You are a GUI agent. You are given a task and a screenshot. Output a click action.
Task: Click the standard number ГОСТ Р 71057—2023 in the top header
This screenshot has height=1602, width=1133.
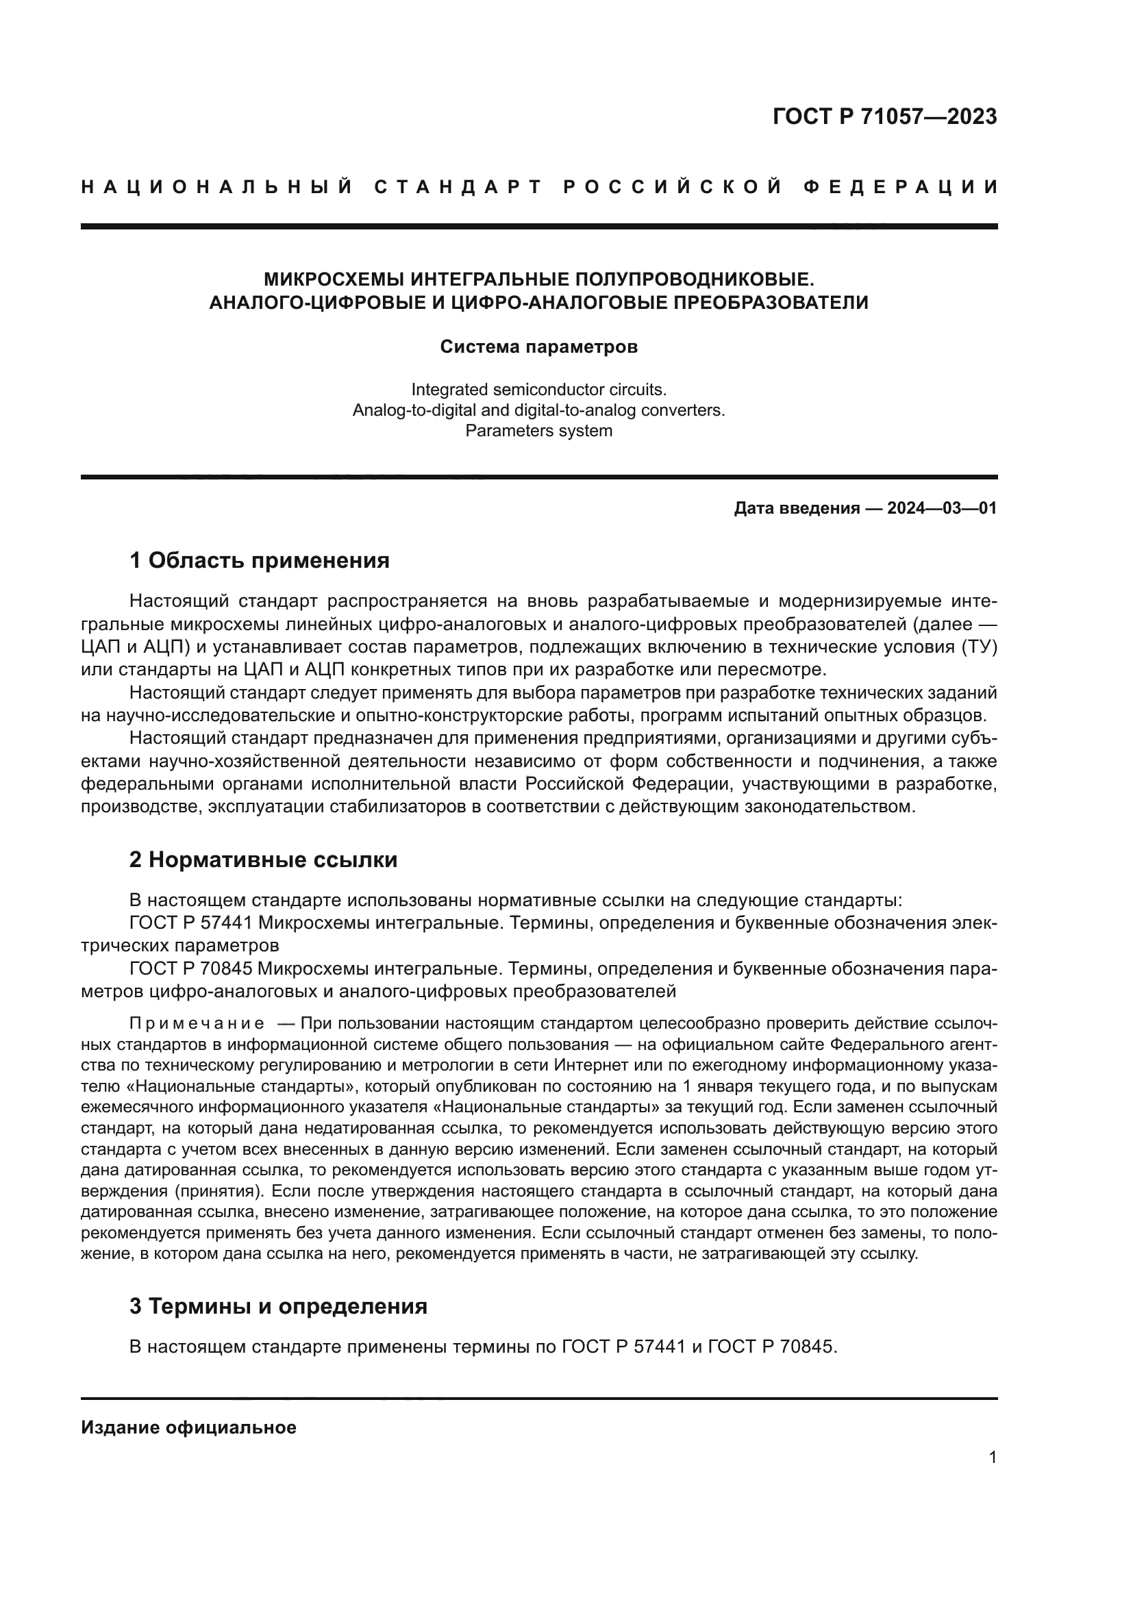coord(884,116)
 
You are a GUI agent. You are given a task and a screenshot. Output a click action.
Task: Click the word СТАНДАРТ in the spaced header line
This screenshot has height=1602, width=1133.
coord(458,187)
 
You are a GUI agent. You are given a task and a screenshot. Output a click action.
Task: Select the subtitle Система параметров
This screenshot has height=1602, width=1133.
coord(538,347)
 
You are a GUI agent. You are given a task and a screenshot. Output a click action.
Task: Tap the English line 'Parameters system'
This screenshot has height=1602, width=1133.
coord(538,431)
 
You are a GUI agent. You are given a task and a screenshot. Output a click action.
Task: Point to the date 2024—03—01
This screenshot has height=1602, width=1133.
coord(942,508)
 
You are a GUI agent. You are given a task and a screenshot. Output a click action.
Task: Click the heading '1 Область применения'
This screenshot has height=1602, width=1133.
coord(260,560)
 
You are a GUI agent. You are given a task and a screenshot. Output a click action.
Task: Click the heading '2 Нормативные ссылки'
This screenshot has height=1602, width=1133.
coord(263,860)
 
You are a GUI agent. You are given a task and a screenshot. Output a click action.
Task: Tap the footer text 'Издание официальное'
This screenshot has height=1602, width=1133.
coord(188,1427)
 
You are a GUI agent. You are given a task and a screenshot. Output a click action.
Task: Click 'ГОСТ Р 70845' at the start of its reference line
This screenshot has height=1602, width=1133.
coord(192,969)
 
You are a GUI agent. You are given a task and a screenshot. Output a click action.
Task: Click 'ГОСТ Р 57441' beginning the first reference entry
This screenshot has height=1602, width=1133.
coord(192,923)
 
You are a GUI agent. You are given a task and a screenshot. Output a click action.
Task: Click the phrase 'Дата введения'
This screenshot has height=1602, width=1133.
coord(796,508)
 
